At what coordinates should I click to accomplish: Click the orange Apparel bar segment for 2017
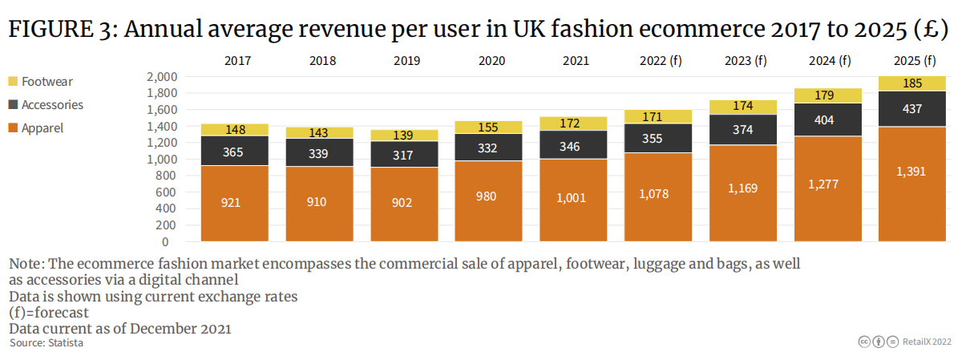(234, 203)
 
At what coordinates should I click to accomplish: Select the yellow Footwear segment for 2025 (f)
(912, 83)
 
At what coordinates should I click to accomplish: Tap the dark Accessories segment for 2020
(488, 148)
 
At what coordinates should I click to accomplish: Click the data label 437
(912, 109)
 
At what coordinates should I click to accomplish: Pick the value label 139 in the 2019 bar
(403, 136)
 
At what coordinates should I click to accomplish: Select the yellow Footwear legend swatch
(14, 82)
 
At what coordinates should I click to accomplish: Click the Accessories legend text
(52, 105)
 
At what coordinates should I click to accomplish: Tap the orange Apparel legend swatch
(14, 128)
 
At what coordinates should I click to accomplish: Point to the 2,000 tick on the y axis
(162, 77)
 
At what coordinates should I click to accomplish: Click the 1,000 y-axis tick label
(162, 159)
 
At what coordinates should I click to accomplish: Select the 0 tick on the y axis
(165, 241)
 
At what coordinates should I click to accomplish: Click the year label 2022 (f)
(660, 61)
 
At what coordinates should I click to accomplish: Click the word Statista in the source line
(64, 342)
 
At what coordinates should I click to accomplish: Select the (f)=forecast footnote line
(49, 312)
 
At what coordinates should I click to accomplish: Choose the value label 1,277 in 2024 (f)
(827, 184)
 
